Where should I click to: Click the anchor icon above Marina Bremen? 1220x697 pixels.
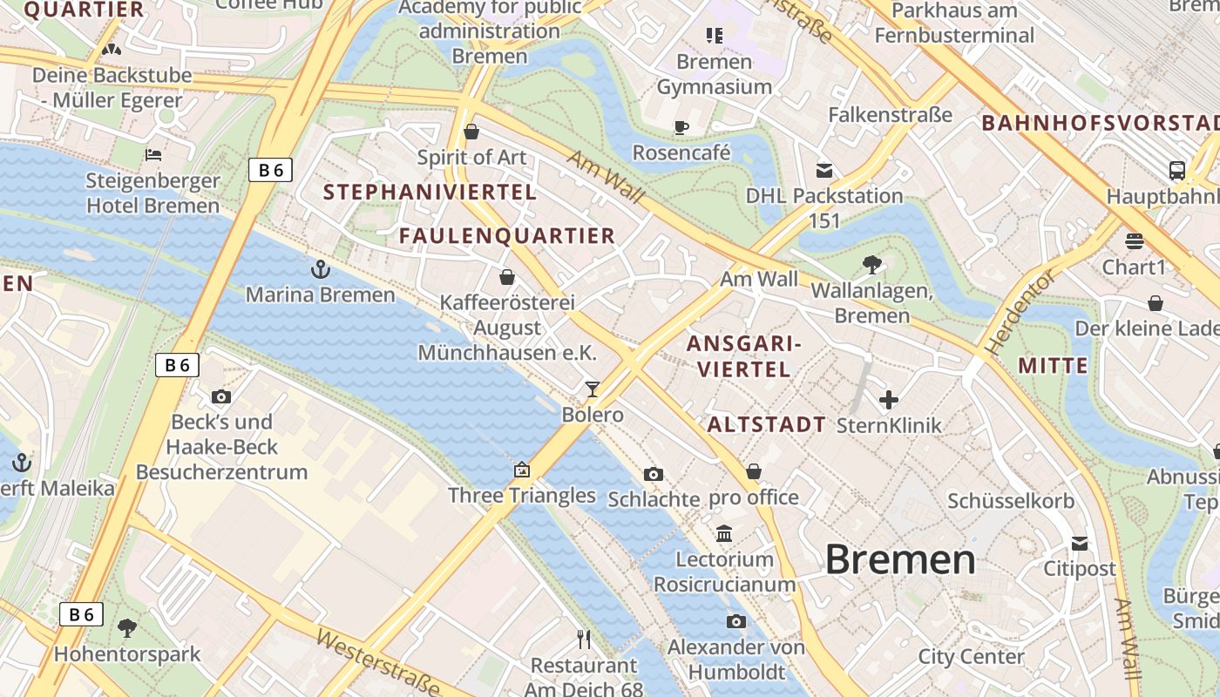tap(321, 269)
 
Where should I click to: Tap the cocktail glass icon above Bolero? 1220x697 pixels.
tap(593, 389)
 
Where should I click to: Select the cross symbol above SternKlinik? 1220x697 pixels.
tap(888, 400)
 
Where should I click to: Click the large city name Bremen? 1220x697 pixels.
tap(899, 558)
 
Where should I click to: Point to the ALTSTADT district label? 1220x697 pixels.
tap(766, 425)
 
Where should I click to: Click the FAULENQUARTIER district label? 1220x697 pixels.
tap(507, 236)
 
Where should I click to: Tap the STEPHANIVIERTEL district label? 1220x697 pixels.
tap(430, 193)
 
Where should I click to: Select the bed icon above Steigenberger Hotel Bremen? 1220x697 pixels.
tap(153, 156)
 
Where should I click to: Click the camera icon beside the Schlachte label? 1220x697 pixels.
tap(653, 474)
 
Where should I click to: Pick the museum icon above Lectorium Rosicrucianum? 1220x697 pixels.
tap(724, 533)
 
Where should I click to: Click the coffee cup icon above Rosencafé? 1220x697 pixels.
tap(681, 128)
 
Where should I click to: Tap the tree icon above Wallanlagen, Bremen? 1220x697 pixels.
tap(871, 264)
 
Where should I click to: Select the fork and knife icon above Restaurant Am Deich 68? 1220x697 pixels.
tap(584, 639)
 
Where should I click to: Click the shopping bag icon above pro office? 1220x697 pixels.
tap(754, 471)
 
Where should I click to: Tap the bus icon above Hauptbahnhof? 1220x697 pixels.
tap(1176, 171)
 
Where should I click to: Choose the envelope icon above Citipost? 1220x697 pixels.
tap(1080, 544)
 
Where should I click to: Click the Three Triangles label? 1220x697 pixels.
tap(521, 496)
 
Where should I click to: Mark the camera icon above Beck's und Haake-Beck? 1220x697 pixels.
tap(221, 397)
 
